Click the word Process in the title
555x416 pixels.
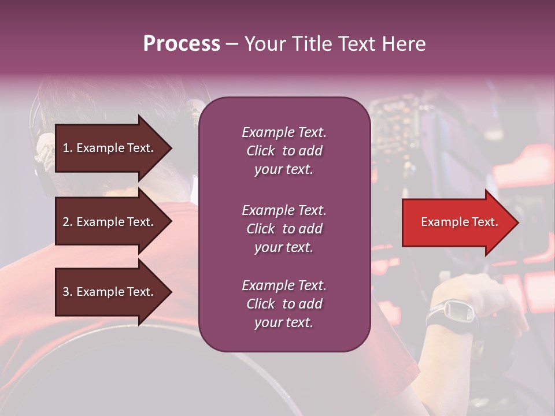tap(182, 44)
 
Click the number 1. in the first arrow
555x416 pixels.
tap(68, 148)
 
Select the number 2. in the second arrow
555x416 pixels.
tap(68, 222)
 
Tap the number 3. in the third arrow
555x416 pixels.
tap(68, 292)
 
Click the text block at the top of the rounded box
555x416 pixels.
tap(284, 151)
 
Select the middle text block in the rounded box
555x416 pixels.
tap(284, 229)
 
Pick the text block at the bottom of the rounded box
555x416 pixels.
tap(284, 304)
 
